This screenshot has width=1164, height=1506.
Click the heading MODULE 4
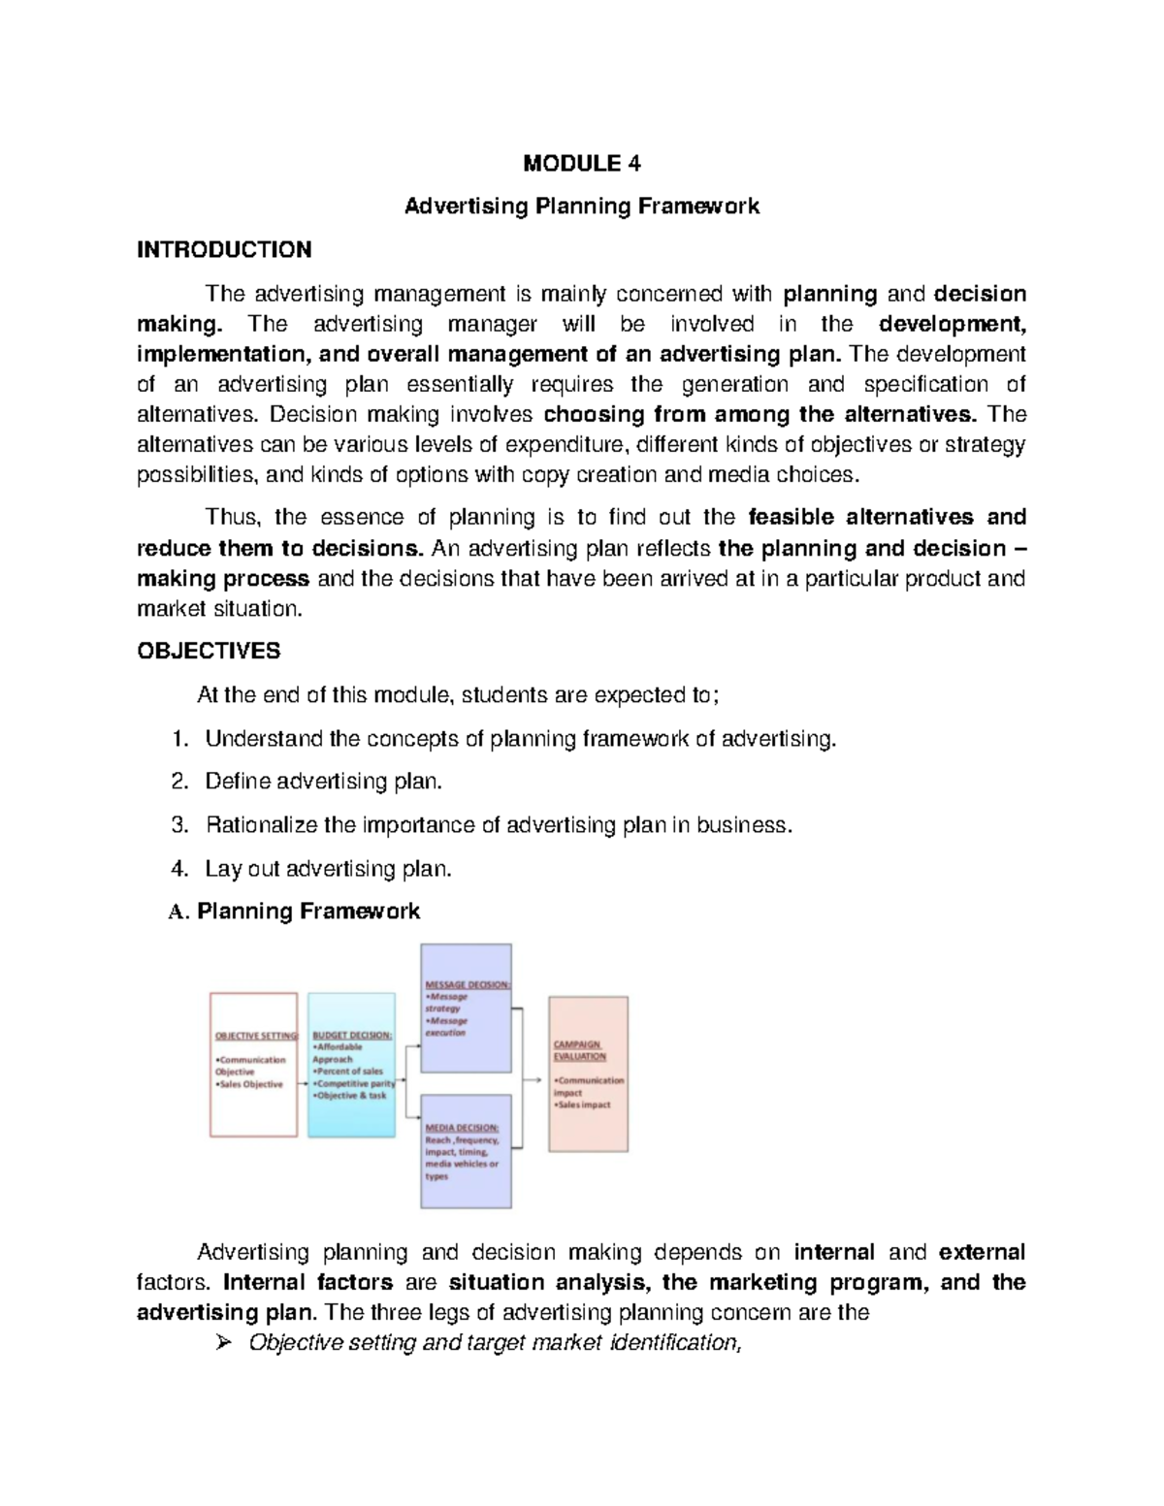coord(581,163)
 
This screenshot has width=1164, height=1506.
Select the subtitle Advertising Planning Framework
coord(581,207)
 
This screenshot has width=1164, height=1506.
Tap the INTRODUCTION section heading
coord(224,250)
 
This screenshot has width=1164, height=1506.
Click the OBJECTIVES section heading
coord(209,651)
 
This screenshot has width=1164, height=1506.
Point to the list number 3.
coord(178,825)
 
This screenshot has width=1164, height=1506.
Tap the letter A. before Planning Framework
coord(177,912)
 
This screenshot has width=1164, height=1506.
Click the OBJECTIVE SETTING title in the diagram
coord(256,1036)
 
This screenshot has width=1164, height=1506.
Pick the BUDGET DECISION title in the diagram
coord(352,1036)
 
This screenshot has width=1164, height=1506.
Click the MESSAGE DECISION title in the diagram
coord(468,984)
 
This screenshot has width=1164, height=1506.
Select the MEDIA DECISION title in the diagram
coord(462,1128)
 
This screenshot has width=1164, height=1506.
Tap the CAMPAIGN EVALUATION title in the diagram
coord(580,1050)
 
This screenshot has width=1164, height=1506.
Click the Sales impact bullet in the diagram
coord(582,1105)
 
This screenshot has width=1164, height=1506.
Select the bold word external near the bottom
coord(982,1252)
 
